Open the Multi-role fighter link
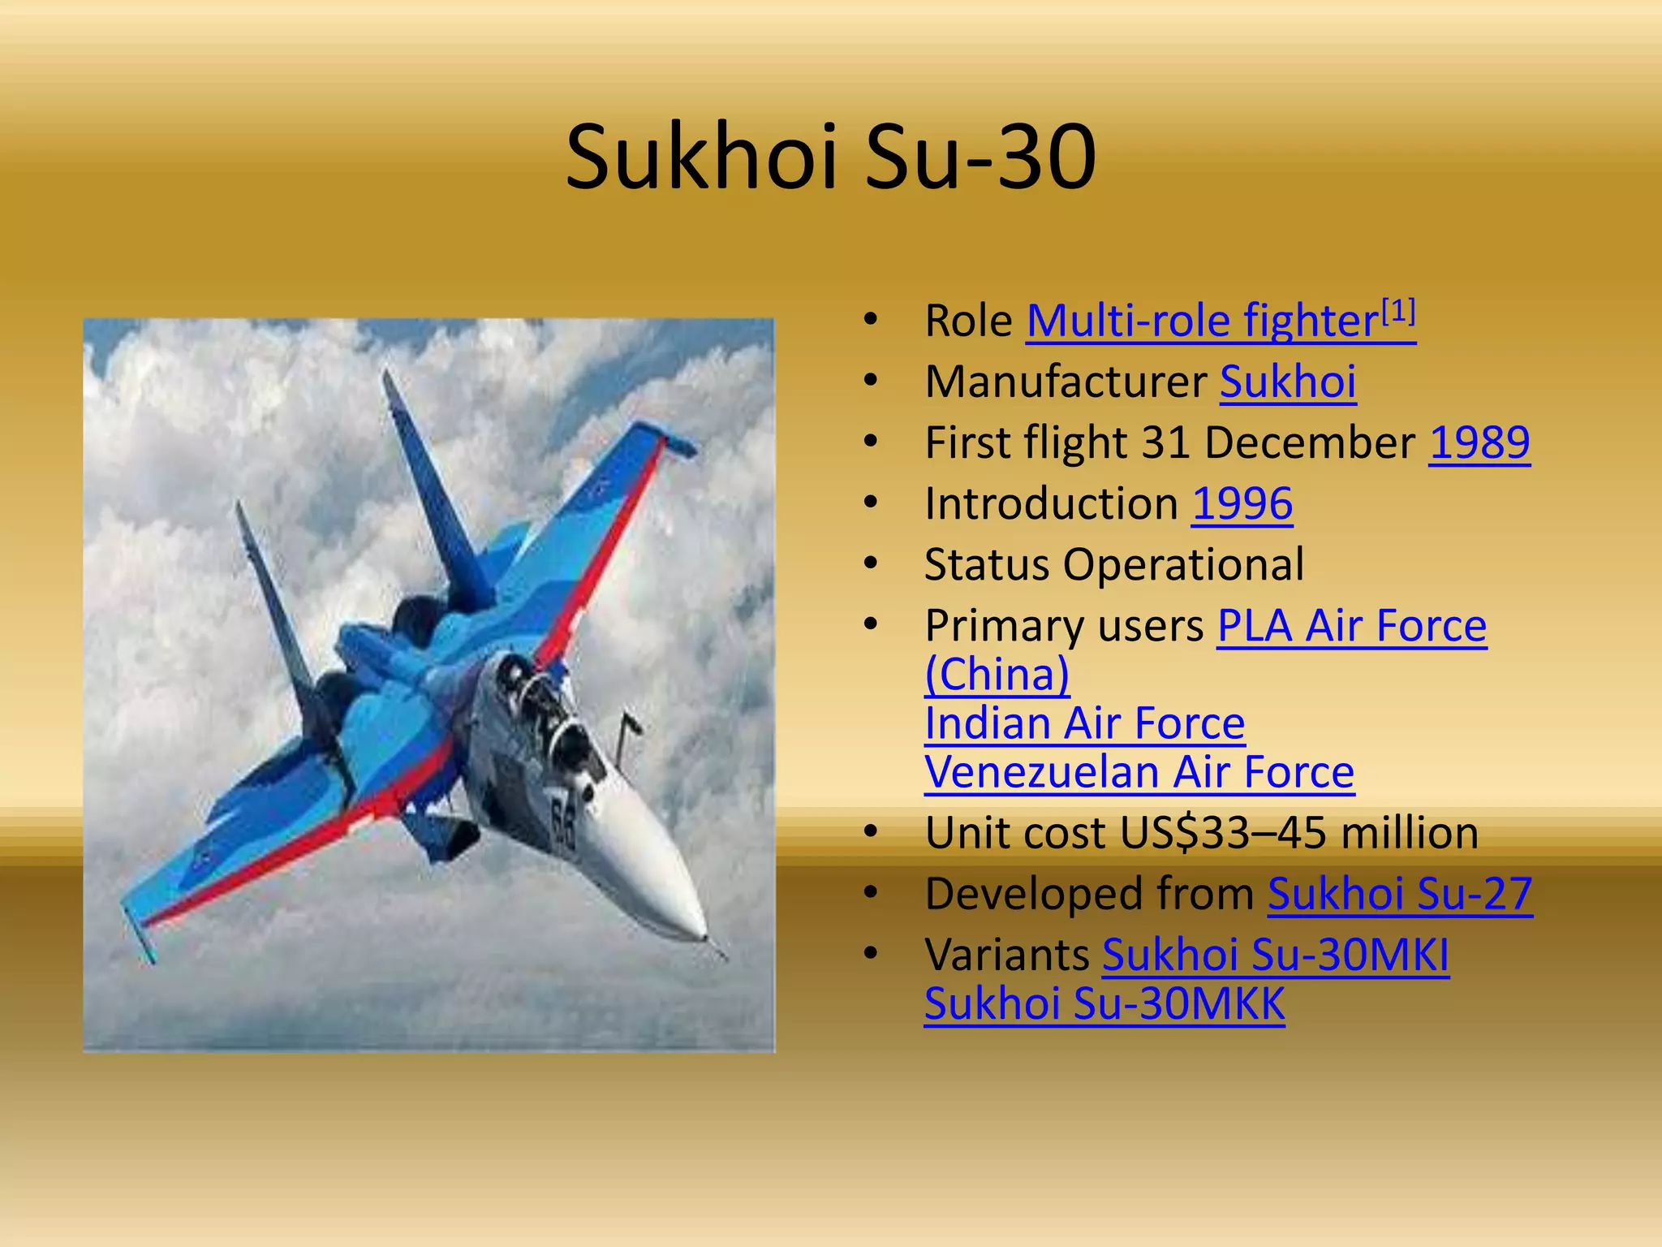coord(1201,321)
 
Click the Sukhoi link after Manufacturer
coord(1288,382)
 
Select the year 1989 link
coord(1479,443)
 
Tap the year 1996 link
coord(1242,504)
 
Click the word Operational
coord(1183,565)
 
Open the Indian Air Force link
coord(1084,723)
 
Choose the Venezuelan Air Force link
coord(1139,772)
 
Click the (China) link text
coord(997,675)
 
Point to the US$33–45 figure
coord(1224,834)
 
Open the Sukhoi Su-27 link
coord(1400,895)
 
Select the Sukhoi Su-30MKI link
coord(1275,956)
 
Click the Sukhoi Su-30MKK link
coord(1104,1004)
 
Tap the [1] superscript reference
coord(1398,310)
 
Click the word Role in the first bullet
coord(968,321)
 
